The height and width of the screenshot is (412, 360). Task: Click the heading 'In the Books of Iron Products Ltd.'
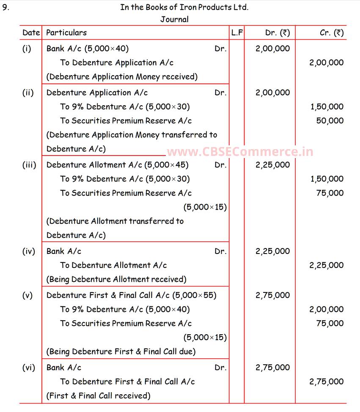pyautogui.click(x=184, y=7)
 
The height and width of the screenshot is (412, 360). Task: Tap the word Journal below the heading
pyautogui.click(x=174, y=19)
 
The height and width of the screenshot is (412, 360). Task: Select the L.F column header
pyautogui.click(x=237, y=33)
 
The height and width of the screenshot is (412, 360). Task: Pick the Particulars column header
pyautogui.click(x=66, y=33)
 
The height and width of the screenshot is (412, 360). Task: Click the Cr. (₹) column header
pyautogui.click(x=332, y=33)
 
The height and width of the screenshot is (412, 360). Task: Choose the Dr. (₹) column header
pyautogui.click(x=278, y=33)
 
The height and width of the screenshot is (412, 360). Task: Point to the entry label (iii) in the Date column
pyautogui.click(x=29, y=165)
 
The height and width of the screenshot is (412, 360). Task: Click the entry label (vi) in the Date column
pyautogui.click(x=28, y=368)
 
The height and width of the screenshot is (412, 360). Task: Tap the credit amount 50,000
pyautogui.click(x=330, y=121)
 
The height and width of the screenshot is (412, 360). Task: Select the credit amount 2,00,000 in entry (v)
pyautogui.click(x=326, y=309)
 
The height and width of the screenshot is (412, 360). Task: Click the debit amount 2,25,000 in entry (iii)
pyautogui.click(x=272, y=165)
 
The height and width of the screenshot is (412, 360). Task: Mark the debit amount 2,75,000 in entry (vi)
pyautogui.click(x=272, y=368)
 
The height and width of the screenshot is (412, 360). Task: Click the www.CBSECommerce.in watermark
pyautogui.click(x=240, y=152)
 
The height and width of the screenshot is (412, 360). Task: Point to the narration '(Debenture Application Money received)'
pyautogui.click(x=122, y=77)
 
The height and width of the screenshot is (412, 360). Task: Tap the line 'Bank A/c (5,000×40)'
pyautogui.click(x=88, y=49)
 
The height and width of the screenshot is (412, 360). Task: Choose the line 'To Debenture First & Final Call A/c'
pyautogui.click(x=127, y=382)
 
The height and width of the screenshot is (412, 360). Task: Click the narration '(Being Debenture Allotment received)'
pyautogui.click(x=116, y=279)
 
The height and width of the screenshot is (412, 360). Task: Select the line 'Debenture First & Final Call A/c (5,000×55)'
pyautogui.click(x=131, y=295)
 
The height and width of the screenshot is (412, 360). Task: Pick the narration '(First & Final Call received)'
pyautogui.click(x=98, y=396)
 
